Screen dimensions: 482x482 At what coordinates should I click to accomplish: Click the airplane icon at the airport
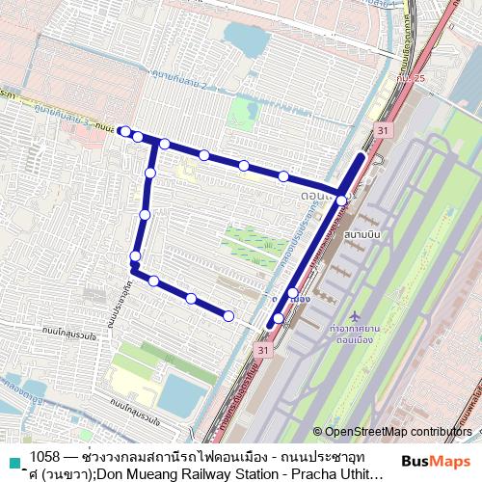point(356,316)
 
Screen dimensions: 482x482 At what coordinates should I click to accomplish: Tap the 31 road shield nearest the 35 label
point(384,129)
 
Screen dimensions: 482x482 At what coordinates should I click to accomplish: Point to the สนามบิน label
point(359,233)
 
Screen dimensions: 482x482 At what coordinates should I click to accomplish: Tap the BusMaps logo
point(430,461)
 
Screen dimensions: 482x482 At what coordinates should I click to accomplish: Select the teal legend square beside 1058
point(13,462)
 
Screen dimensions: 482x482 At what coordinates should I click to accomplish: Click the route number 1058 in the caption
point(45,455)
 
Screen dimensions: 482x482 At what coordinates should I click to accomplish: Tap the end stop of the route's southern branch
point(228,315)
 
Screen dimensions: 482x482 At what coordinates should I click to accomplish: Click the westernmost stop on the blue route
point(125,131)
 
